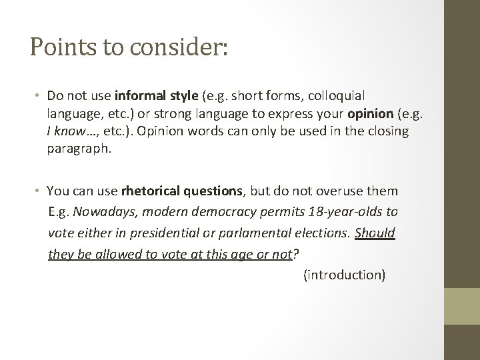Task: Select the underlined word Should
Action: pos(375,233)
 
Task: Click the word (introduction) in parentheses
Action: pos(344,274)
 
